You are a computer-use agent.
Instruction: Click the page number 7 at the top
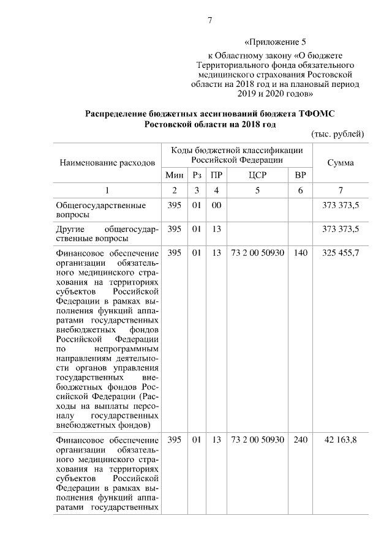click(209, 20)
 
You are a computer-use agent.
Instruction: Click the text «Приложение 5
click(274, 42)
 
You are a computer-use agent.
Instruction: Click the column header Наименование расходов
click(107, 163)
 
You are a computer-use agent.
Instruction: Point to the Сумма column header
click(340, 163)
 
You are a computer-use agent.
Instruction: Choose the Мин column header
click(175, 174)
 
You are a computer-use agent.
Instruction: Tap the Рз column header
click(197, 174)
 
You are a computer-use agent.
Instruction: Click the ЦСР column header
click(257, 174)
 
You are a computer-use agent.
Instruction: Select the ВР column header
click(300, 174)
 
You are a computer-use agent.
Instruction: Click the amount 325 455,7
click(340, 252)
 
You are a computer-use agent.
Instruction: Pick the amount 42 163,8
click(340, 441)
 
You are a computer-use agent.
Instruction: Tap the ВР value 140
click(300, 252)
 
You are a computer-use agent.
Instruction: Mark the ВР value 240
click(300, 441)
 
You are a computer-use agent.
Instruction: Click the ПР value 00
click(216, 205)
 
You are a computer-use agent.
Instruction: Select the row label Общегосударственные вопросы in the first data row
click(100, 210)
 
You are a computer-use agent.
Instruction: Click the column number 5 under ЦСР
click(257, 190)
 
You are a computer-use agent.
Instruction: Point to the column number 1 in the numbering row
click(107, 190)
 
